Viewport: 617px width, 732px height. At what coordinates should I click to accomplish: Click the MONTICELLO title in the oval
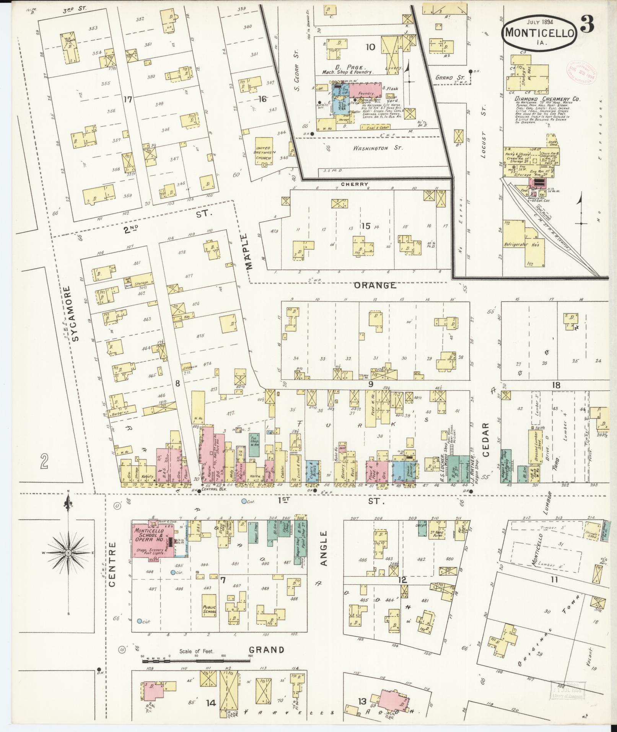click(x=540, y=33)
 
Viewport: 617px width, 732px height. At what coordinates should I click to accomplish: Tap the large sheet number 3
click(x=588, y=26)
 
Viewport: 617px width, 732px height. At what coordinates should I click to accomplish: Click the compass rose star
click(x=68, y=553)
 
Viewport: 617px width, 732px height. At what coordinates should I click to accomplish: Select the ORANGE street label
click(x=374, y=285)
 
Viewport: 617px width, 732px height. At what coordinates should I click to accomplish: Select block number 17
click(x=127, y=100)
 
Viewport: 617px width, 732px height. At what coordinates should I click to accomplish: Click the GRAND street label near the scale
click(x=267, y=650)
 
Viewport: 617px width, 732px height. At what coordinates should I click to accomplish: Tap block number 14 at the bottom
click(x=211, y=703)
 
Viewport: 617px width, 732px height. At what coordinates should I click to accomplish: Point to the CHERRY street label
click(x=355, y=184)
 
